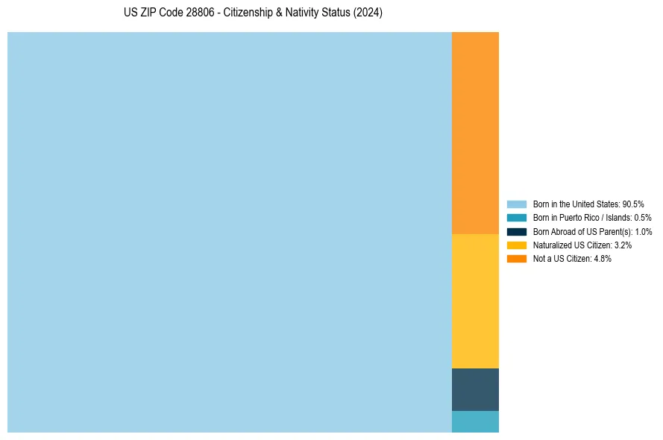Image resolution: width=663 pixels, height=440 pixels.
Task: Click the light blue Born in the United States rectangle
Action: tap(230, 232)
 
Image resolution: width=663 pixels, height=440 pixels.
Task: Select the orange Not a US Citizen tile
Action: tap(475, 133)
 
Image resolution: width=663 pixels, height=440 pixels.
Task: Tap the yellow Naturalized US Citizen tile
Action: tap(475, 301)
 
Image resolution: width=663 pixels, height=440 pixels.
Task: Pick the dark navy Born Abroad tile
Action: tap(475, 389)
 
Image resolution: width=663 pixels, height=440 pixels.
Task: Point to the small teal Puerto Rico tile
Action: tap(475, 421)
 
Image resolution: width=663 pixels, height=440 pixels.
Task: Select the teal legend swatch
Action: tap(517, 218)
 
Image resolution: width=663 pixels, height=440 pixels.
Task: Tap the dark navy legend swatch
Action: tap(517, 232)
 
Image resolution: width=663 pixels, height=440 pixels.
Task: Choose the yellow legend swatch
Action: tap(517, 245)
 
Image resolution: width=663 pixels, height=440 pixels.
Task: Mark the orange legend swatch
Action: tap(517, 259)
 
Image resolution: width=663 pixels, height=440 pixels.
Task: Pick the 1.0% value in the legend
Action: tap(644, 232)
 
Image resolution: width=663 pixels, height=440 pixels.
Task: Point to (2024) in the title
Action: tap(368, 13)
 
